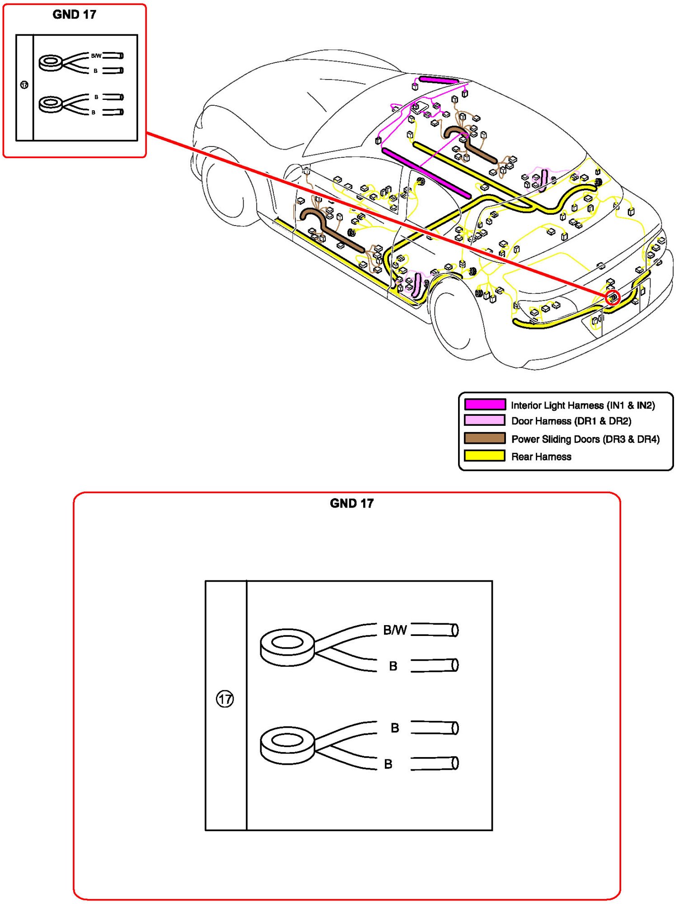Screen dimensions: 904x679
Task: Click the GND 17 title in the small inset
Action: (75, 14)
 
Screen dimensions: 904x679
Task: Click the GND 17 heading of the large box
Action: (351, 503)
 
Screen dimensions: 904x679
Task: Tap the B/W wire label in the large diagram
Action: (395, 630)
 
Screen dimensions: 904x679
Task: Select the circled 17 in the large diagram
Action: (225, 699)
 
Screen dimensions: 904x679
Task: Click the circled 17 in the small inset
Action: (24, 85)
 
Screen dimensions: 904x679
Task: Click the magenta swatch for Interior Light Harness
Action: (485, 404)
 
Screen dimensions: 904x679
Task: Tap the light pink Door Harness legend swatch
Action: (485, 420)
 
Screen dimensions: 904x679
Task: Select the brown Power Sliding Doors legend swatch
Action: (485, 438)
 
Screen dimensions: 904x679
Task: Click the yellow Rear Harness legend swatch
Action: (485, 456)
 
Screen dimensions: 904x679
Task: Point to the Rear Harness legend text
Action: (541, 457)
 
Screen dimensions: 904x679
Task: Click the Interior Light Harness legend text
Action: (583, 405)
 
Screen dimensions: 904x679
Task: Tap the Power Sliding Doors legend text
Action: (585, 439)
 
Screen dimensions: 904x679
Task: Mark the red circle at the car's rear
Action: (613, 298)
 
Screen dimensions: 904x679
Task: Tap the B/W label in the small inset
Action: (96, 56)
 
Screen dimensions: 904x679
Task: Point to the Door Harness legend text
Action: (571, 421)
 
